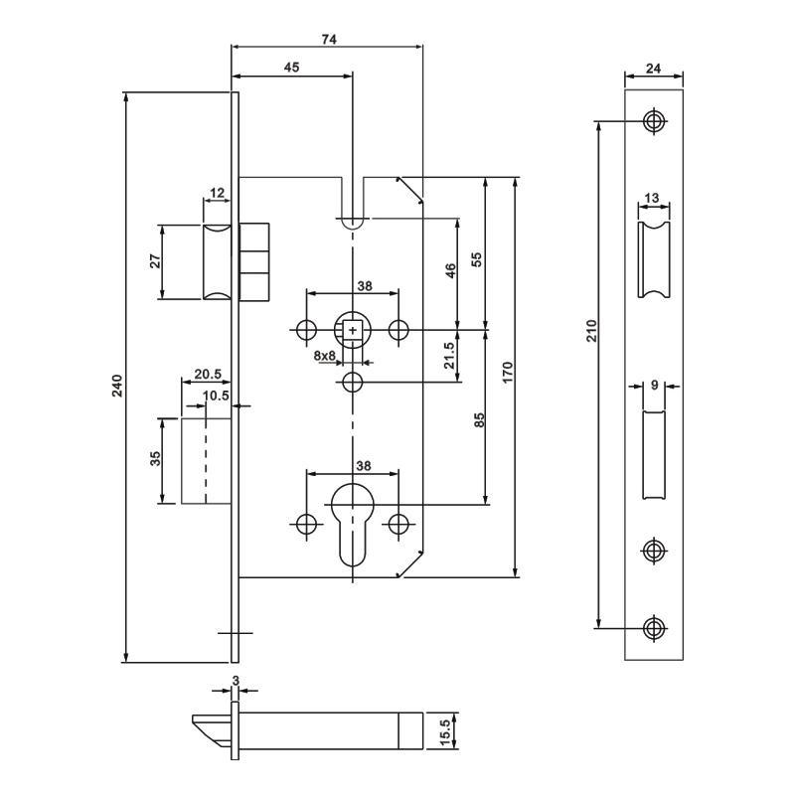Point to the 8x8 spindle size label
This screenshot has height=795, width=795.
324,355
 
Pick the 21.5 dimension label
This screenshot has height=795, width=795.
448,355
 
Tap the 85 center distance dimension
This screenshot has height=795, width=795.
478,419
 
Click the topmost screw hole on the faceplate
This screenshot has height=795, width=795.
653,121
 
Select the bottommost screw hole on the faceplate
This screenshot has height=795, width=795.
653,627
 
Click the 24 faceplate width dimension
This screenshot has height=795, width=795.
654,69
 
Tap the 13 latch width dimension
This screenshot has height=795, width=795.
652,199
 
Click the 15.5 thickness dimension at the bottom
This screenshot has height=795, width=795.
446,731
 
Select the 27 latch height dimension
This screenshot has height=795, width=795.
154,261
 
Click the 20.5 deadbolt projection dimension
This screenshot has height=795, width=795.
207,375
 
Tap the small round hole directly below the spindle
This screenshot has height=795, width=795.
352,384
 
